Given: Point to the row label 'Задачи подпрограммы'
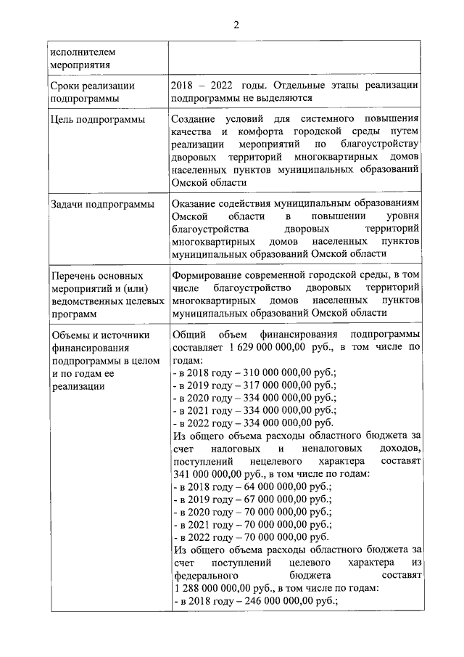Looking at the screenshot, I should point(101,204).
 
